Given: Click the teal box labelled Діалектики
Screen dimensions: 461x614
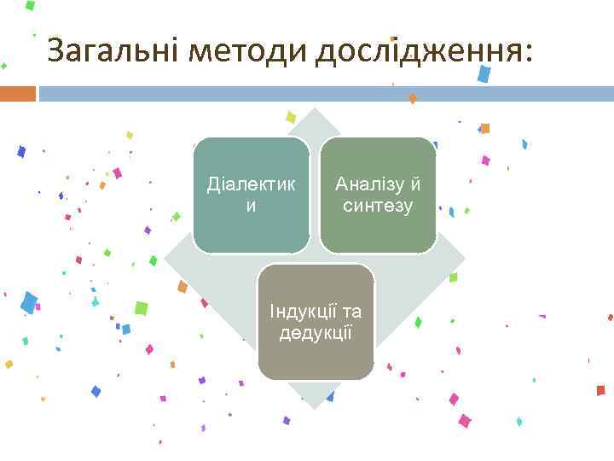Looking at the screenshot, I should [251, 195].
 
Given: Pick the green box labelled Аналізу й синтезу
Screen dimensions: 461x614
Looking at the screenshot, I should [378, 195].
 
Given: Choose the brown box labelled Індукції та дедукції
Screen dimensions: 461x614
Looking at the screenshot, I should [316, 322].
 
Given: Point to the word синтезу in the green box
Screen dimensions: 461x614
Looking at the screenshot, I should [378, 206].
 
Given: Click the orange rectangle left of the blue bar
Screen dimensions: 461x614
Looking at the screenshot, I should [17, 93].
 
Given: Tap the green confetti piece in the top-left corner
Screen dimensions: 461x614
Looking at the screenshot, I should [30, 5].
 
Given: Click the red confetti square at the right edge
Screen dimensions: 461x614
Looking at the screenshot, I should [600, 390].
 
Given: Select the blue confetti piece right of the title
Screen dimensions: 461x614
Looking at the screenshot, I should [484, 74].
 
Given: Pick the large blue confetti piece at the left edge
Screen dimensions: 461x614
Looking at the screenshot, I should [29, 302].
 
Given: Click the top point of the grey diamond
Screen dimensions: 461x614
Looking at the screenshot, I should [316, 109].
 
